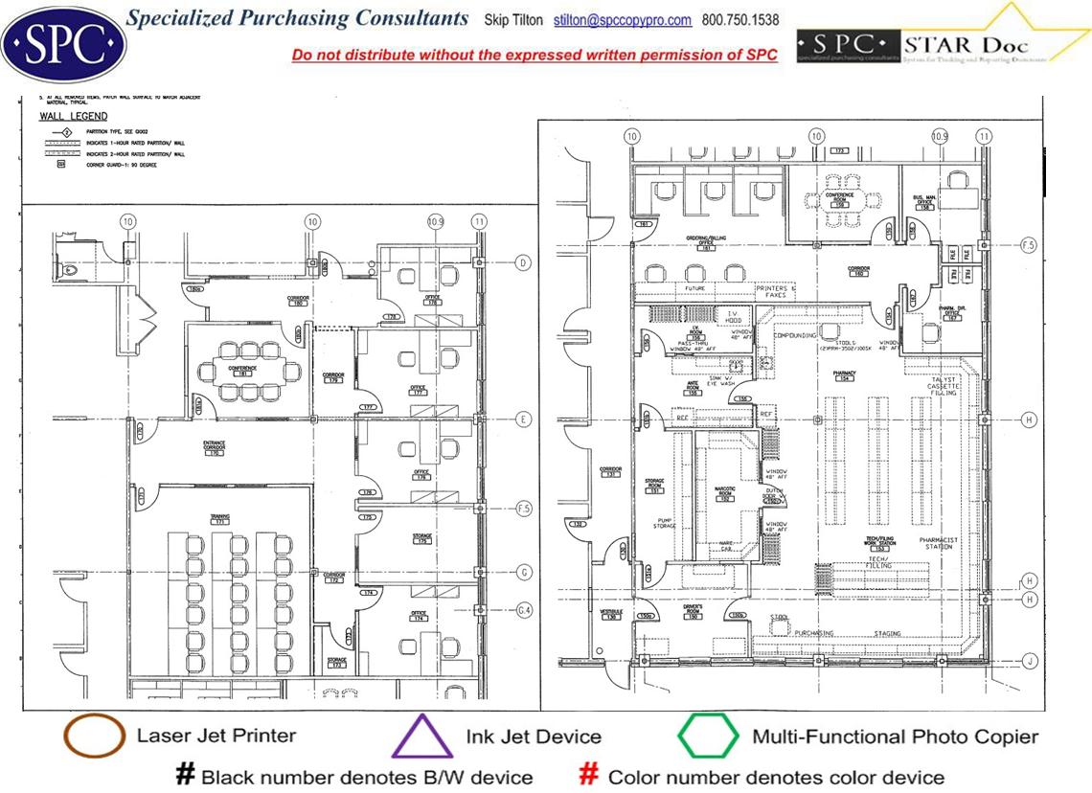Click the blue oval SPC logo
[x=63, y=43]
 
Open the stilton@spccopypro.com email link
[x=623, y=20]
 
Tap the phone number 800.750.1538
[x=740, y=20]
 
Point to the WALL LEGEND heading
[x=66, y=116]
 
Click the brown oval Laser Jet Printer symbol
[x=93, y=736]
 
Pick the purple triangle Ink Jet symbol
[x=422, y=737]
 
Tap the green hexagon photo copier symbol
[x=708, y=736]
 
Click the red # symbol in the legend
[x=590, y=775]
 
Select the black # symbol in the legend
[x=185, y=775]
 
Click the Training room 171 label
[x=220, y=520]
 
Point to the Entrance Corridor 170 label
[x=214, y=447]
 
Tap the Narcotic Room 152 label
[x=725, y=493]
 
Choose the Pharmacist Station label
[x=938, y=544]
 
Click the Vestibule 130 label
[x=611, y=614]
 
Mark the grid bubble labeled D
[x=523, y=262]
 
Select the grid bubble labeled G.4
[x=523, y=608]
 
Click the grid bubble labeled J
[x=1030, y=660]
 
